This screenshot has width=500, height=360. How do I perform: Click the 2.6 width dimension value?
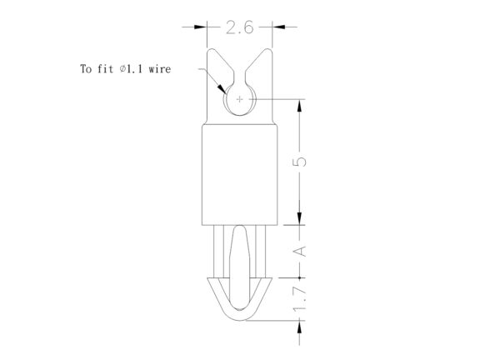pos(239,27)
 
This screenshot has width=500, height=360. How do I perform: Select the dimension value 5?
pos(300,161)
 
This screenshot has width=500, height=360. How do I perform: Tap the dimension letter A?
pos(300,252)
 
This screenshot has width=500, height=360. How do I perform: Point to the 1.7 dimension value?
pos(300,299)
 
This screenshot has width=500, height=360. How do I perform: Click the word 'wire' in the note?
pos(159,69)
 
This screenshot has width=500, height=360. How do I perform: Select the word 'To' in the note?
pos(86,69)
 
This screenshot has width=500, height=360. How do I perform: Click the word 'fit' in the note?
pos(105,69)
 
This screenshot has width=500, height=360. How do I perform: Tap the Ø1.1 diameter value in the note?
pos(131,69)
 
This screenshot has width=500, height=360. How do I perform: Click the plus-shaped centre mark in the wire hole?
pos(239,99)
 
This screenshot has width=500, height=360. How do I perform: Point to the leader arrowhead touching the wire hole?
pos(222,88)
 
